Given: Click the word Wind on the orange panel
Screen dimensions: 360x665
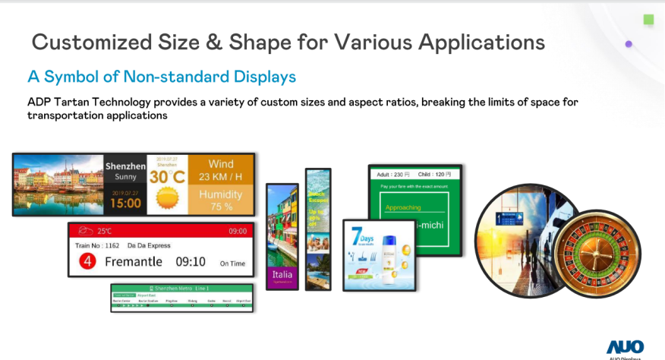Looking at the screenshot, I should [x=221, y=164].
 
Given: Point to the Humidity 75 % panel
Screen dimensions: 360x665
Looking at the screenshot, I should [x=221, y=199].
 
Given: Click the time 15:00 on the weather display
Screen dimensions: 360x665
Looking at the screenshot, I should [x=125, y=203].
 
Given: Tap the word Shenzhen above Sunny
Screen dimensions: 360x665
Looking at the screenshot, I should [x=125, y=166].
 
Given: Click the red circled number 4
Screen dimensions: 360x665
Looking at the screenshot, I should [x=88, y=262].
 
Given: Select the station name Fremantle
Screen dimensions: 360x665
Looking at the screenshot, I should [x=134, y=262].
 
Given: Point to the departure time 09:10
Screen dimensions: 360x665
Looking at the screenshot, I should [x=191, y=262].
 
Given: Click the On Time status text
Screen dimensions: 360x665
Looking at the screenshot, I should [x=232, y=264].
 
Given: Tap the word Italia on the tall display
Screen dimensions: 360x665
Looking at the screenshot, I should [x=282, y=273].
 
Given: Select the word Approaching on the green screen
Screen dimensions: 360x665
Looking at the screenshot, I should [x=403, y=207].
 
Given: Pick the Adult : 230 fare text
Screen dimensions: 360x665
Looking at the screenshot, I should [x=389, y=174].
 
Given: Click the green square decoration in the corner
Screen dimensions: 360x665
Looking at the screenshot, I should [x=648, y=20].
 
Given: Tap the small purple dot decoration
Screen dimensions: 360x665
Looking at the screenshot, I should [x=629, y=44].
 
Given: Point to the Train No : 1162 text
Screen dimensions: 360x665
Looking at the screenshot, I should [x=96, y=245].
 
